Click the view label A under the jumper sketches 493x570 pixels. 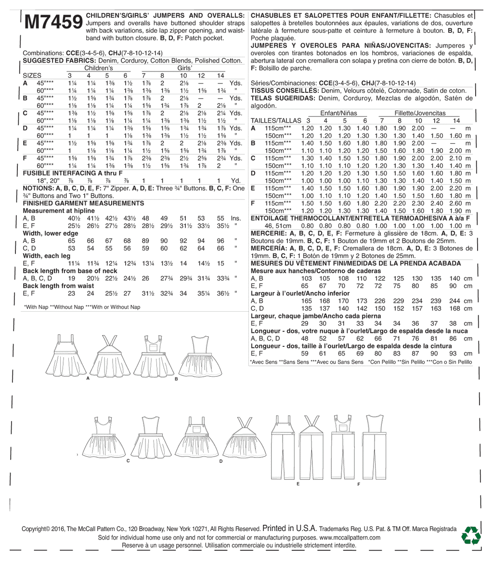(x=88, y=379)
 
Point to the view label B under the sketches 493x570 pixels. (x=176, y=379)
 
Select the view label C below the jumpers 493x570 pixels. (x=128, y=461)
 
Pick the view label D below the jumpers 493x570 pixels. (x=221, y=461)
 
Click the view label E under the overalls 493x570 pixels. (x=298, y=483)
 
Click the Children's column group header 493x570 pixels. (x=98, y=68)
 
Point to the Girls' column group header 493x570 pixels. (x=185, y=68)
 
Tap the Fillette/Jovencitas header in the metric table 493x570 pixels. (x=420, y=113)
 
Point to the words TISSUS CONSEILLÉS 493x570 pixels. (x=281, y=90)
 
